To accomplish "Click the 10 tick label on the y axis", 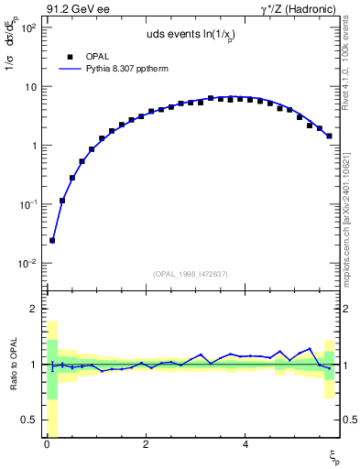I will (28, 87).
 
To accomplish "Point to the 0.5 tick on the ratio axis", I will (28, 420).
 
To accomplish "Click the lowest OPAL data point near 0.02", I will (52, 240).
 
